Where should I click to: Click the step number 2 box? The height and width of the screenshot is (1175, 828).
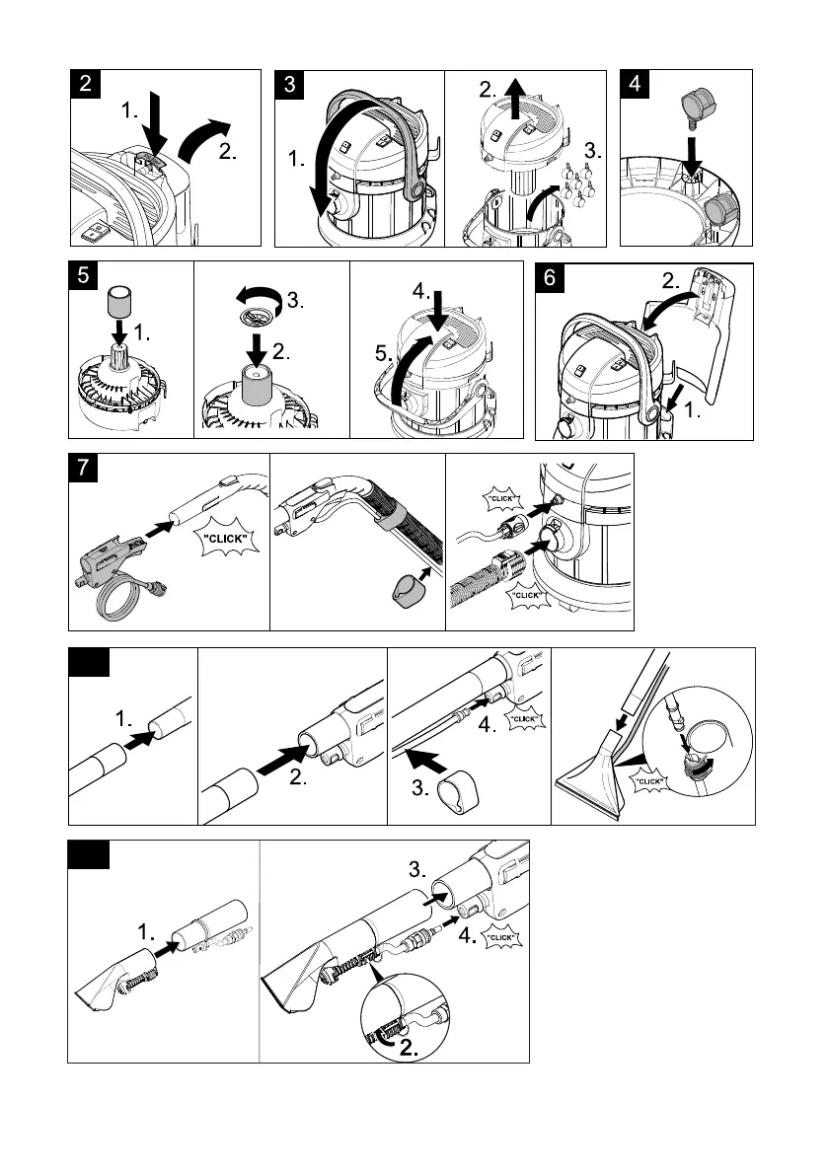tap(88, 84)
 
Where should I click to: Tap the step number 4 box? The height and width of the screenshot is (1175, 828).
tap(634, 84)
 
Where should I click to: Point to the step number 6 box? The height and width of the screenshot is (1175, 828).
tap(550, 277)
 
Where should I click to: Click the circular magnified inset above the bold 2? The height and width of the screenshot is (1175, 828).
tap(404, 1014)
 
